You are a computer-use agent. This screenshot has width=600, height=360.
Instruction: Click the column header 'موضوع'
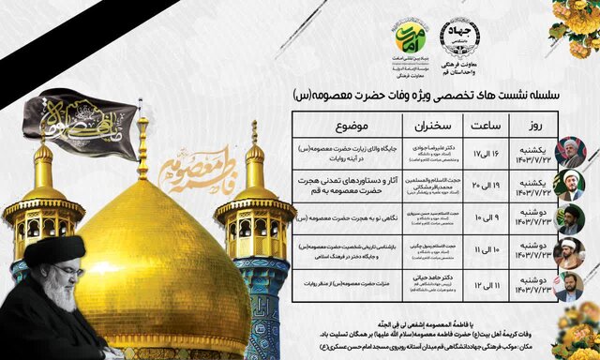tap(347, 126)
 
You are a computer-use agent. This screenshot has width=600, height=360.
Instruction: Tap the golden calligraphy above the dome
tap(196, 170)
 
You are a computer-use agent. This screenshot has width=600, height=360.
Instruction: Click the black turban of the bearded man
tap(54, 252)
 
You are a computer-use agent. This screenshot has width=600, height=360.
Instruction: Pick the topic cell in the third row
tap(347, 218)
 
